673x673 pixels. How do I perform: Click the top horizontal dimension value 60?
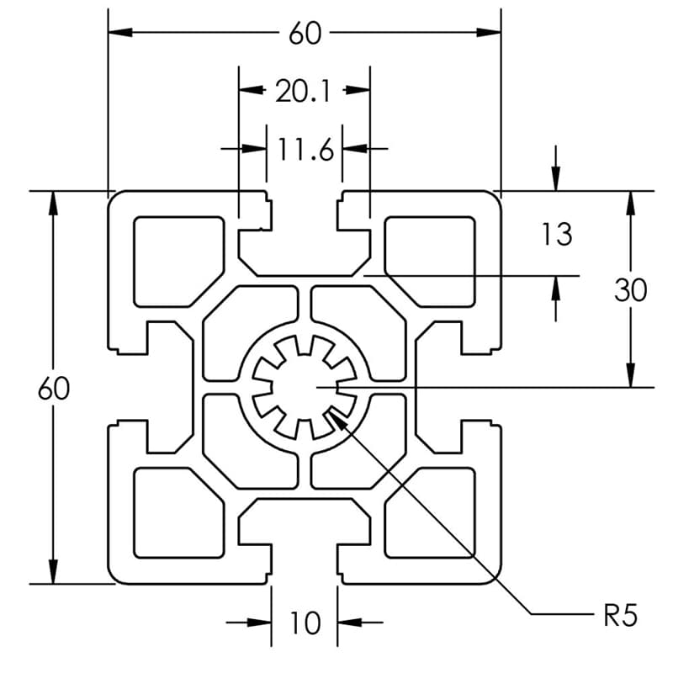point(305,34)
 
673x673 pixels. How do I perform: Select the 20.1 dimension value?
point(304,91)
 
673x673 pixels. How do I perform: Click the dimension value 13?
point(556,234)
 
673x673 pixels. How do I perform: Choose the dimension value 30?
point(630,290)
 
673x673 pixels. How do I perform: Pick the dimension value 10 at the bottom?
point(305,623)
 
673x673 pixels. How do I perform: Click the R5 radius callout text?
point(620,616)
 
